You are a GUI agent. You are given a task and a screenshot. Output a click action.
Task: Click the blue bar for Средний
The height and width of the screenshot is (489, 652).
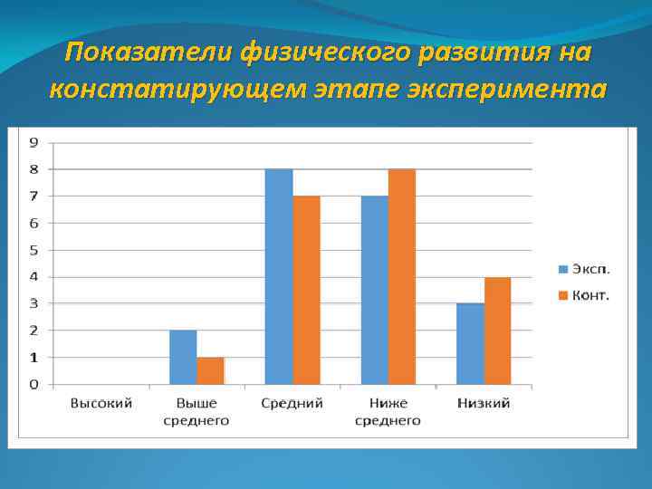coord(279,277)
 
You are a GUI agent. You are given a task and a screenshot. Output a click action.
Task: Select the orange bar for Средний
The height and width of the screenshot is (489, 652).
coord(306,290)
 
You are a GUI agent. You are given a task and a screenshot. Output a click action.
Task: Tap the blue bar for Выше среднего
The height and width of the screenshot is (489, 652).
coord(183,358)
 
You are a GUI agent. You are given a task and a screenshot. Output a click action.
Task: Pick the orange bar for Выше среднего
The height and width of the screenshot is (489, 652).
coord(210,371)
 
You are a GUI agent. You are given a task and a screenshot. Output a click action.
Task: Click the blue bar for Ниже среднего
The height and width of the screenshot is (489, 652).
coord(374,290)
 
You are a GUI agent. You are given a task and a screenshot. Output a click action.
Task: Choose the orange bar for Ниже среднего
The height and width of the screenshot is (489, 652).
coord(402,277)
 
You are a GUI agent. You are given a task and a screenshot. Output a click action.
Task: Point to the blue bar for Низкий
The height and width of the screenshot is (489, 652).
coord(470,344)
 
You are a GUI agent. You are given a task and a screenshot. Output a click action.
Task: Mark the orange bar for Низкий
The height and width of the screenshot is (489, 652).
coord(497,331)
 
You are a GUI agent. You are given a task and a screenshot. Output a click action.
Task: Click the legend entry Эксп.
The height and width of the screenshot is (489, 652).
coord(584,268)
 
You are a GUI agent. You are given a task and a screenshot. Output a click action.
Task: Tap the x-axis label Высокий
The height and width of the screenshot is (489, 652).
coord(101,403)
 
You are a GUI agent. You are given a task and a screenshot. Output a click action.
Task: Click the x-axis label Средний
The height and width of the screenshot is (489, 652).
coord(292,403)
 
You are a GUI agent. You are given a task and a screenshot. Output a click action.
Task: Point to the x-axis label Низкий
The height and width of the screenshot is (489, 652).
coord(484,403)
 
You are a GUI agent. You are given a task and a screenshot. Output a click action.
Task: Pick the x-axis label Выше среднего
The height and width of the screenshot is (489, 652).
coord(197,411)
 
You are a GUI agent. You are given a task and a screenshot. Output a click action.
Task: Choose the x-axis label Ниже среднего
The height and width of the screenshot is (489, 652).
coord(388,411)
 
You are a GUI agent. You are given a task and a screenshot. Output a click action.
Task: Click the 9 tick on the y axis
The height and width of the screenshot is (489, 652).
coord(34,142)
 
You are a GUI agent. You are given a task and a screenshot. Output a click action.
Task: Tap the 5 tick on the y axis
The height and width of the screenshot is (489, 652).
coord(34,250)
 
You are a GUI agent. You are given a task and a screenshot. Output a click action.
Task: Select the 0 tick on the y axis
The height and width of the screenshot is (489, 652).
coord(34,385)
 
